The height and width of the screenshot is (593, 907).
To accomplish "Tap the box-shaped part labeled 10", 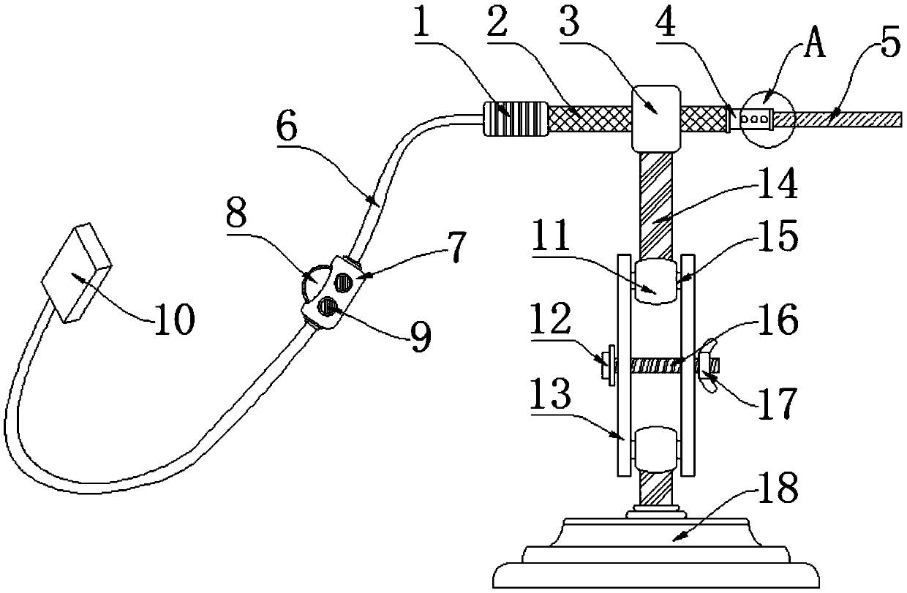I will click(76, 274).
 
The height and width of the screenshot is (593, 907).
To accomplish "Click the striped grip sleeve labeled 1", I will click(515, 118).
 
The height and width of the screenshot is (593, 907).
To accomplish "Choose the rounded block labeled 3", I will click(656, 118).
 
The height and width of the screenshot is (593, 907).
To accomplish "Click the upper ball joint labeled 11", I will click(655, 282).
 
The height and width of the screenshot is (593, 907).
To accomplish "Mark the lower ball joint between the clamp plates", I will click(655, 448).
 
